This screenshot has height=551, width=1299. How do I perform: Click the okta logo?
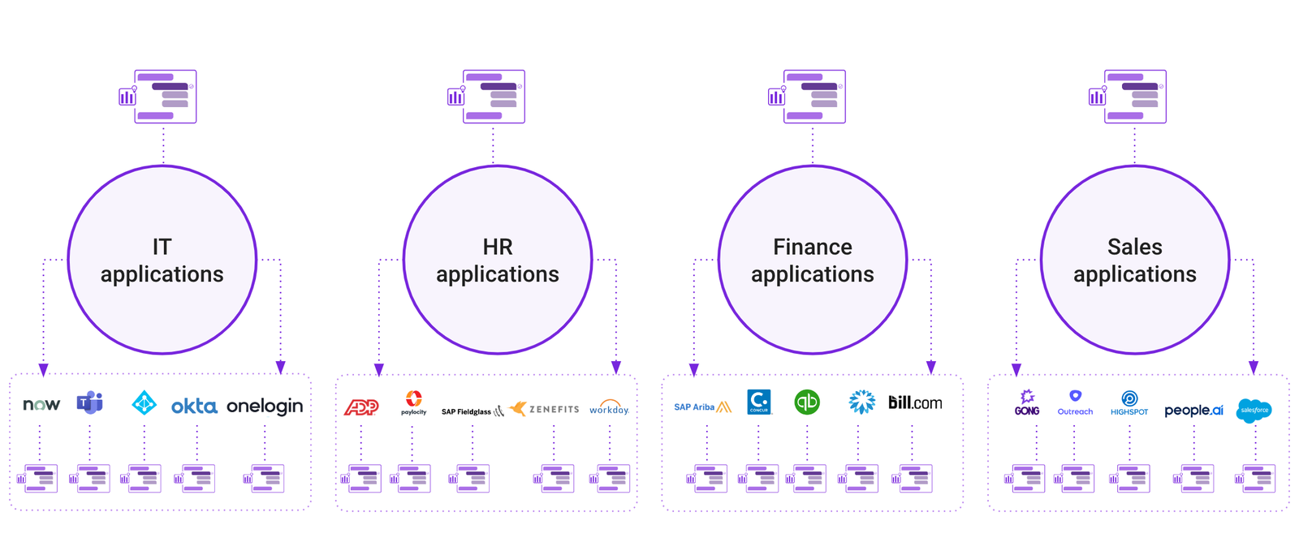pos(194,406)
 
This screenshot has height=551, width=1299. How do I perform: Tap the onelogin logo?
pos(265,406)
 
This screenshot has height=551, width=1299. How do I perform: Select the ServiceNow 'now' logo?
pos(41,404)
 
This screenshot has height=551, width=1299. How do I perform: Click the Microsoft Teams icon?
pos(90,402)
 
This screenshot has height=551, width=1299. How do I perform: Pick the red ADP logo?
pos(361,407)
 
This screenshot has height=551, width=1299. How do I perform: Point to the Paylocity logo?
pos(413,402)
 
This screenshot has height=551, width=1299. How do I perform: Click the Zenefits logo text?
pos(554,409)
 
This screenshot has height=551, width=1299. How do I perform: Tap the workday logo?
pos(609,407)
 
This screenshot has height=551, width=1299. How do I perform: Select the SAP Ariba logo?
pos(702,407)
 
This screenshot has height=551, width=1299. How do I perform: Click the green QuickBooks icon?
pos(807,402)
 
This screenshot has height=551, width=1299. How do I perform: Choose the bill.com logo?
pos(915,402)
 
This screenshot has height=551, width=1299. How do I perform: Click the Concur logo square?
pos(759,402)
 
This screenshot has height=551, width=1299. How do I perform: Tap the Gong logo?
pos(1027,402)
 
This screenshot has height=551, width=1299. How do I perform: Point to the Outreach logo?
pos(1075,402)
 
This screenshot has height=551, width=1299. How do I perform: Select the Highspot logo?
pos(1129,402)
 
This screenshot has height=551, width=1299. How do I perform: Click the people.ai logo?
pos(1193,411)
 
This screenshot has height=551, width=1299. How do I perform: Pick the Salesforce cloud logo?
pos(1254,410)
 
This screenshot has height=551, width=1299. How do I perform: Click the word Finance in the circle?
pos(812,247)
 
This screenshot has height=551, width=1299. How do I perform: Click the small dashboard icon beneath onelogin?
pos(265,479)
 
